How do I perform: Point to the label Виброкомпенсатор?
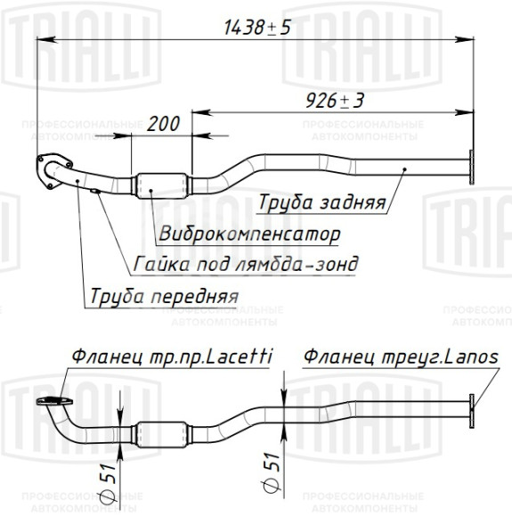[x=249, y=234]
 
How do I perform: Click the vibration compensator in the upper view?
[x=161, y=185]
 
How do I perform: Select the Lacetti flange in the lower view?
[x=53, y=401]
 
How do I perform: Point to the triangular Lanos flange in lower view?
[x=471, y=412]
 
